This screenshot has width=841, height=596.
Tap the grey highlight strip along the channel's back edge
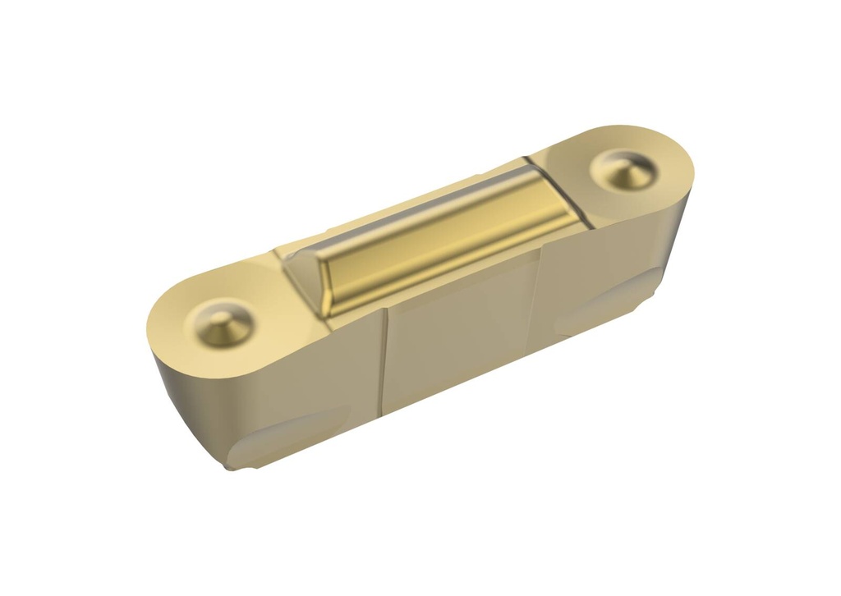[427, 205]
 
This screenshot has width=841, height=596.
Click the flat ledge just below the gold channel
[460, 279]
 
